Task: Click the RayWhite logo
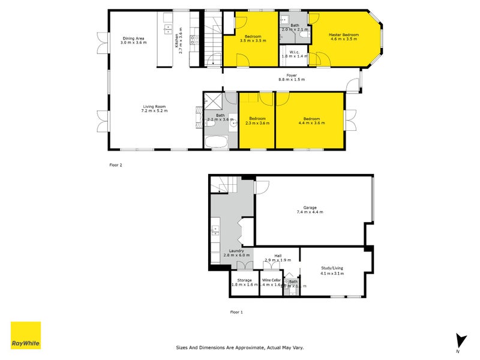click(x=26, y=335)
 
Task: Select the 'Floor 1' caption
click(x=237, y=312)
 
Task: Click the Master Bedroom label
click(x=343, y=38)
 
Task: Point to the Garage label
click(x=310, y=209)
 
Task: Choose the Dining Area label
click(x=133, y=40)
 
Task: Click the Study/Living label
click(x=331, y=271)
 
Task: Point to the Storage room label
click(x=244, y=282)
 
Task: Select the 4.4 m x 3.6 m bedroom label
click(x=310, y=121)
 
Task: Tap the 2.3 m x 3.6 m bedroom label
click(x=257, y=121)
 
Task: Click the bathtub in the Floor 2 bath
click(x=215, y=142)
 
